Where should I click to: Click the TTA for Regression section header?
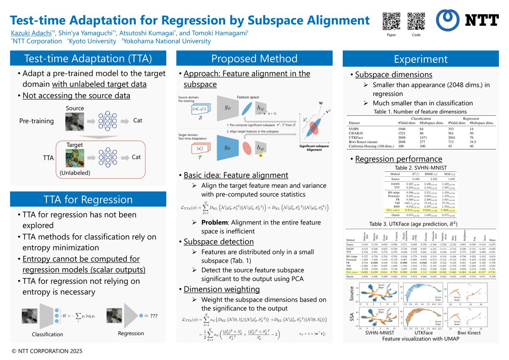tap(88, 200)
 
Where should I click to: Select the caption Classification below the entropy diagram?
tap(48, 334)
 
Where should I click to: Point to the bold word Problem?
tap(215, 223)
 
